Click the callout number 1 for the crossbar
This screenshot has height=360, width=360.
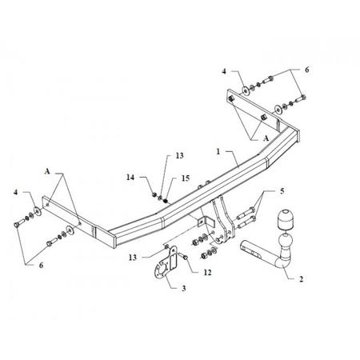point(218,152)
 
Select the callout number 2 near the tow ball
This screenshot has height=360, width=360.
point(301,279)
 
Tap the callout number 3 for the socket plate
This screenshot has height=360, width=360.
point(183,288)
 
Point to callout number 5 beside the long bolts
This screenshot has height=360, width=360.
point(282,191)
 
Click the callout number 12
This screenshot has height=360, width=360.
point(207,272)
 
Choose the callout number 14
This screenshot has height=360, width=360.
point(130,177)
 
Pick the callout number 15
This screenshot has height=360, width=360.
point(186,178)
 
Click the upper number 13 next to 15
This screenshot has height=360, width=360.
point(180,155)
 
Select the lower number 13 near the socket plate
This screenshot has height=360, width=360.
point(133,258)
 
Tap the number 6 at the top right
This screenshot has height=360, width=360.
point(307,70)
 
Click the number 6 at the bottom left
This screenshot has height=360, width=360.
point(41,266)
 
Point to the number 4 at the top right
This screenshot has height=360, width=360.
point(224,71)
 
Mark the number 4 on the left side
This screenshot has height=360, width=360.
point(16,192)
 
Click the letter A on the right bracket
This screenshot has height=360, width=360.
point(266,138)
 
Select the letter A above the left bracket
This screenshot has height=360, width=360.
point(47,171)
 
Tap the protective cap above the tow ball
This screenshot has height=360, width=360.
point(284,220)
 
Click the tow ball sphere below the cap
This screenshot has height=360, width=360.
point(286,241)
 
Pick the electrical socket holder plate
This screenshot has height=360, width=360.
point(166,263)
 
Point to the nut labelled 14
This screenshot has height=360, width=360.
point(154,194)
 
